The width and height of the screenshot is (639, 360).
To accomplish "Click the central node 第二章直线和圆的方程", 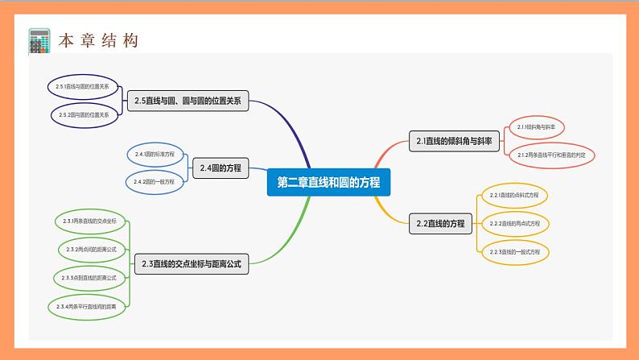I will tap(328, 183).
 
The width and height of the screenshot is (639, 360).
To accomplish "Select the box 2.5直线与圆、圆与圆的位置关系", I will tap(188, 101).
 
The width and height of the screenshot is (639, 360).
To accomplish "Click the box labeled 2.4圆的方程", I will tap(219, 168).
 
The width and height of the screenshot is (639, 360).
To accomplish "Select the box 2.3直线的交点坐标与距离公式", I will tap(191, 263).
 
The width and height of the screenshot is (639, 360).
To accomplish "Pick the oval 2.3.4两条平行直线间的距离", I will tap(90, 307).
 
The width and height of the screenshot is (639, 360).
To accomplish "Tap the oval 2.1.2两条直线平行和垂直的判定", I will tap(550, 154).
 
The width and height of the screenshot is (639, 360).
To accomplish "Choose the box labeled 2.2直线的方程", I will tap(440, 224).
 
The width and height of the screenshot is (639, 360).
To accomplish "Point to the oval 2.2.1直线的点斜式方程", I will tap(514, 195).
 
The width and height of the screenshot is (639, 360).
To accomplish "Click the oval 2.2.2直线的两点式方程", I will tap(514, 223).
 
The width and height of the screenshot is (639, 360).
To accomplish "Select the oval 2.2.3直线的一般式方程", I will tap(514, 252).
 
